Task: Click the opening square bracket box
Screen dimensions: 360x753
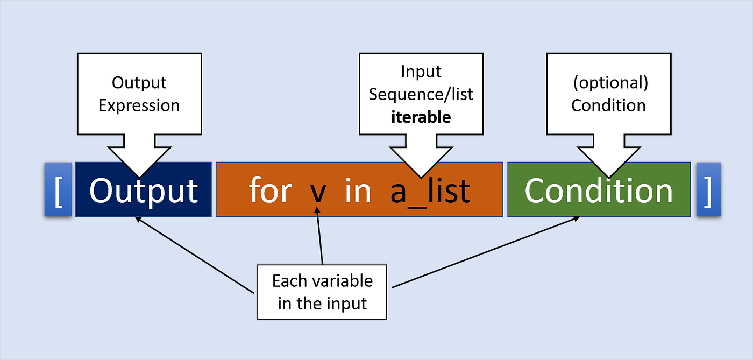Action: click(x=58, y=190)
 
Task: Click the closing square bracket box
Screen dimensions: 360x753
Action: click(x=708, y=190)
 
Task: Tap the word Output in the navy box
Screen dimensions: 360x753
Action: click(x=144, y=190)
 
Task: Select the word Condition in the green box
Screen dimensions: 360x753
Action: click(x=599, y=190)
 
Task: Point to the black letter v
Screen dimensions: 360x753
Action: click(x=317, y=192)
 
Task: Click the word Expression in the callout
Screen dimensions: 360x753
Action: click(x=139, y=105)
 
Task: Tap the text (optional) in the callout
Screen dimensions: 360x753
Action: click(x=608, y=82)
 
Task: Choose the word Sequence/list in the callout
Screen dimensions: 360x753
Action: click(x=421, y=94)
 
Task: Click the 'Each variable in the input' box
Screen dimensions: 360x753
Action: click(x=322, y=292)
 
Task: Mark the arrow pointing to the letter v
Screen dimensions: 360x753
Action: click(x=319, y=237)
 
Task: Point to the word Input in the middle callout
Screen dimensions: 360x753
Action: click(x=421, y=71)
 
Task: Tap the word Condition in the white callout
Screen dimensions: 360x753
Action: click(x=608, y=105)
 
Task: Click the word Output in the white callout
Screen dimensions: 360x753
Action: click(x=139, y=83)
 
